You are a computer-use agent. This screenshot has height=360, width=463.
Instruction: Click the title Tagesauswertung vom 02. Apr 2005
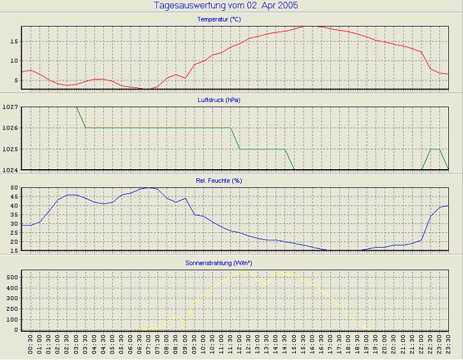pyautogui.click(x=226, y=6)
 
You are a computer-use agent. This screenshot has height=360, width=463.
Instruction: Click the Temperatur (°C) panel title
pyautogui.click(x=219, y=20)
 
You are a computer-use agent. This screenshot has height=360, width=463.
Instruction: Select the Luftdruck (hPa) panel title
pyautogui.click(x=219, y=100)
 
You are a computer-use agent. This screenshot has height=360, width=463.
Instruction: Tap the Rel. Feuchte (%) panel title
pyautogui.click(x=219, y=181)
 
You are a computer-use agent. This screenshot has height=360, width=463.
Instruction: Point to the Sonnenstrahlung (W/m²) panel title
pyautogui.click(x=219, y=262)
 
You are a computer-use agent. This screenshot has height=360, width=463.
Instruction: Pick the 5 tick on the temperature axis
pyautogui.click(x=15, y=80)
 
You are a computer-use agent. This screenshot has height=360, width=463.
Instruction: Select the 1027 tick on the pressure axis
pyautogui.click(x=10, y=107)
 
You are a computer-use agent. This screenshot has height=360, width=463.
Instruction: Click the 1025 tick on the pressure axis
pyautogui.click(x=10, y=149)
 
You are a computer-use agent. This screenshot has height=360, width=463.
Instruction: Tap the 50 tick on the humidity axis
pyautogui.click(x=13, y=188)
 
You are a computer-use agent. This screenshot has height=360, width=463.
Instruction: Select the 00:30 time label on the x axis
pyautogui.click(x=31, y=347)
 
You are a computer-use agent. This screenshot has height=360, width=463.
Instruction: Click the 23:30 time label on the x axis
pyautogui.click(x=448, y=347)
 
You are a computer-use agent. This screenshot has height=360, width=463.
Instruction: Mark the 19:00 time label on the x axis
pyautogui.click(x=367, y=347)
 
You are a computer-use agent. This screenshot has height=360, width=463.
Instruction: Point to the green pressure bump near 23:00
pyautogui.click(x=435, y=149)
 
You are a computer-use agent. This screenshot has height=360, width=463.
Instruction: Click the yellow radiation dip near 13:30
pyautogui.click(x=267, y=284)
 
